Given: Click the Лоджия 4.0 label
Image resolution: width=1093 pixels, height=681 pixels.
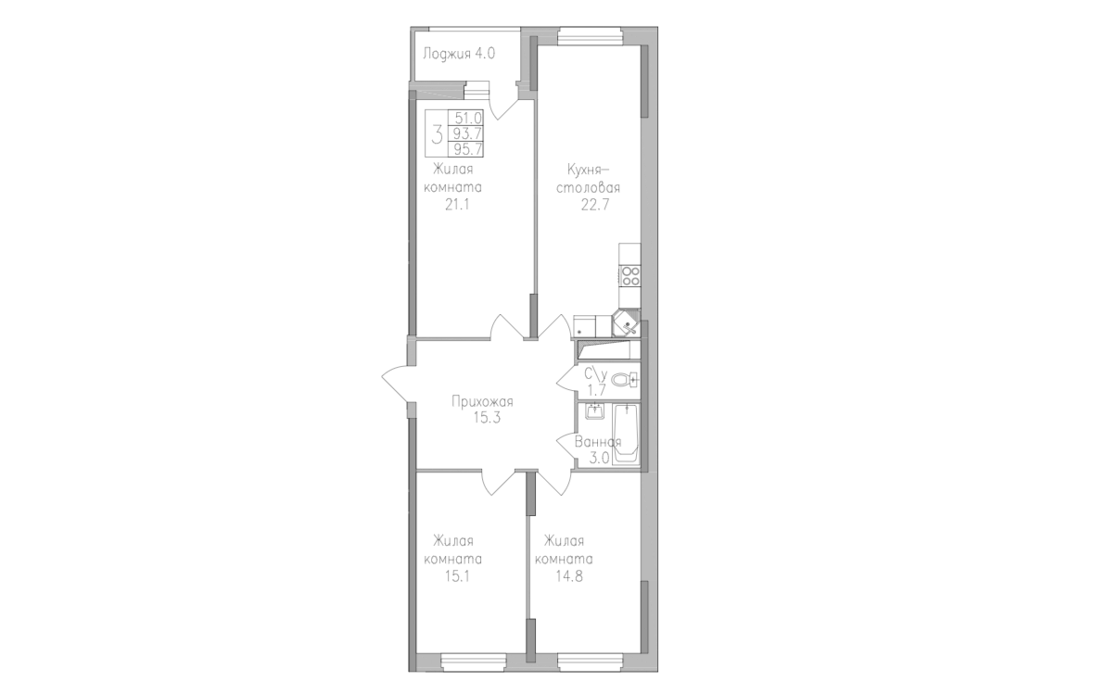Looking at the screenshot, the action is (459, 54).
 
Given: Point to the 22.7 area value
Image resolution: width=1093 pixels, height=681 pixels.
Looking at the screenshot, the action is (594, 205).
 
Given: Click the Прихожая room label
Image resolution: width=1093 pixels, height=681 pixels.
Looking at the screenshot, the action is (482, 402).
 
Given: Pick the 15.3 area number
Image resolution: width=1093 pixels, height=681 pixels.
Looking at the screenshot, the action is (482, 419).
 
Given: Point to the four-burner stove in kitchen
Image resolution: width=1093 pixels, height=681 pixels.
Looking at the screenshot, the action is (630, 276).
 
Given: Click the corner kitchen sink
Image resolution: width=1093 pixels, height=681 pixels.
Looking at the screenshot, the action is (625, 322).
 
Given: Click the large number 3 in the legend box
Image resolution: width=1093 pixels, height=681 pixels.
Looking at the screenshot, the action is (438, 133).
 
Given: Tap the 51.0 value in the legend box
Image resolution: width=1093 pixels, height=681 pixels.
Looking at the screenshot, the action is (468, 119).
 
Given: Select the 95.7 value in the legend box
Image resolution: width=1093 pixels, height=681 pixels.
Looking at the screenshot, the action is (468, 149).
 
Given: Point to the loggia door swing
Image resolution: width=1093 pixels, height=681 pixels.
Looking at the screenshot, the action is (503, 102).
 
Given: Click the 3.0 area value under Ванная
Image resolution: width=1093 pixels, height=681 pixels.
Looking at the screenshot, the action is (601, 458).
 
